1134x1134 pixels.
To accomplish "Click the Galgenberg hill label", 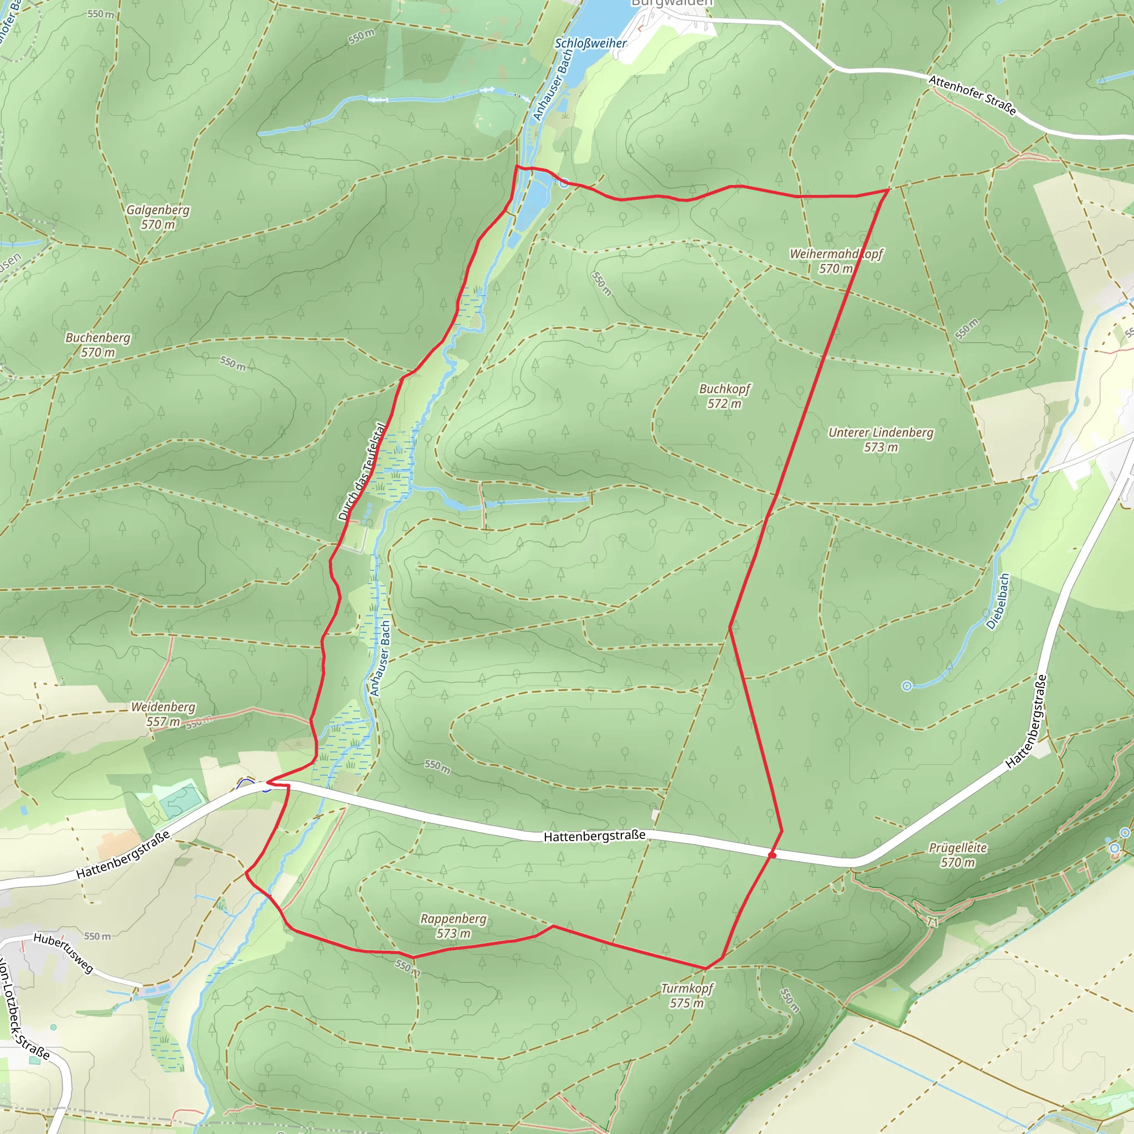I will [158, 217].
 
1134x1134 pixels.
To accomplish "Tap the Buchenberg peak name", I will [98, 345].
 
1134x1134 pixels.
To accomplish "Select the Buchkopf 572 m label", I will [725, 396].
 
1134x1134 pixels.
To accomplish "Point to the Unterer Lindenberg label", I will [880, 440].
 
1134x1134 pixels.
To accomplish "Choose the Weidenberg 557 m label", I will [163, 714].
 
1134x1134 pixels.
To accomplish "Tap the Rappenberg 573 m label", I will [453, 926].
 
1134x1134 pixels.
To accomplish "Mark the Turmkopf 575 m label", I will [687, 996].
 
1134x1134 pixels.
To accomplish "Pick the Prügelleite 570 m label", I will [958, 854].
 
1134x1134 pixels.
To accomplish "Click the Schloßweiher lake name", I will [590, 43].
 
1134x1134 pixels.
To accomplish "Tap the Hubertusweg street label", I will [63, 952].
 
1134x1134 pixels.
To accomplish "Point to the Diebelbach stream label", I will [998, 602].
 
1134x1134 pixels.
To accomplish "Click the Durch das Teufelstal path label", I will [363, 472].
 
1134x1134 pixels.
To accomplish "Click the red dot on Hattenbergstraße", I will [772, 855].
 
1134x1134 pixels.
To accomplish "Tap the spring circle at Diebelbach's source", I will [907, 686].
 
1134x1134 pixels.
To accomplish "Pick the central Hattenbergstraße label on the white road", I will [595, 836].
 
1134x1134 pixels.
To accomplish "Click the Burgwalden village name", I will [672, 3].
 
